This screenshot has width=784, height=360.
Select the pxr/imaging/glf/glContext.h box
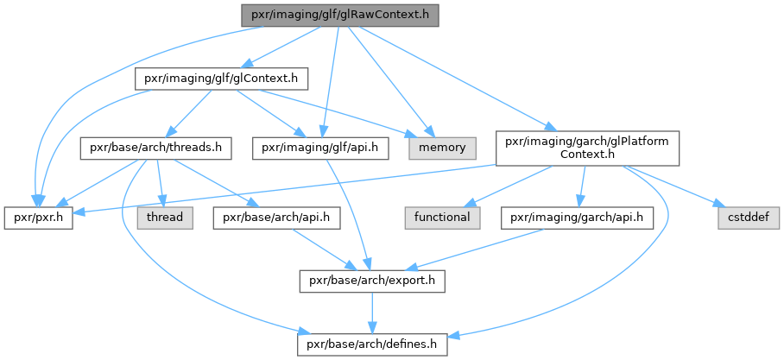[x=220, y=78]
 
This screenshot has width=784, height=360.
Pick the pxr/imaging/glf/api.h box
[x=319, y=148]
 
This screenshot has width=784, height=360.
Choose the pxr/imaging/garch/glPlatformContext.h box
[x=586, y=148]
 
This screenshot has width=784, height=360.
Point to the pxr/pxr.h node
[x=38, y=217]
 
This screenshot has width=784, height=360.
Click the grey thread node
[x=163, y=217]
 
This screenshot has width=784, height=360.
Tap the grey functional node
[x=440, y=217]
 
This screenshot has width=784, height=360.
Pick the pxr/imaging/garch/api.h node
[x=576, y=217]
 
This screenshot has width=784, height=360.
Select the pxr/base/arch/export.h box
[x=371, y=281]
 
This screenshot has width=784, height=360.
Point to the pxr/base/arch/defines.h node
[x=371, y=344]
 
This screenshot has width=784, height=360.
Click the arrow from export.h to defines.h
[x=371, y=313]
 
